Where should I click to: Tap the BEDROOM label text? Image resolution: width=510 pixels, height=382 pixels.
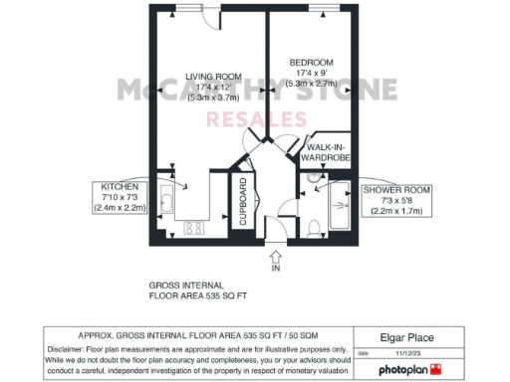[312, 63]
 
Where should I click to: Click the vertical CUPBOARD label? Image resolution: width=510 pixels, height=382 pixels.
[242, 203]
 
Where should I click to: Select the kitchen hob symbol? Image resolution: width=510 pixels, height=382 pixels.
[193, 228]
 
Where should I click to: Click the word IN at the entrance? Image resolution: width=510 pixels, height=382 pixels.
[276, 269]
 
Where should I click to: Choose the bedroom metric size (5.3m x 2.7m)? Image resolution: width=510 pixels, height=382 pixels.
[312, 86]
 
